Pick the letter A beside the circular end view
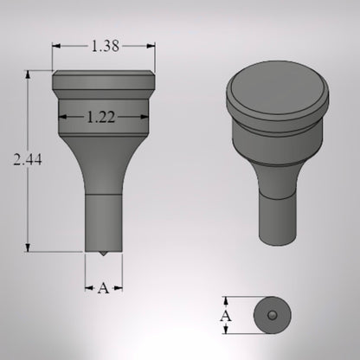coord(228,317)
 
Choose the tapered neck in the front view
coord(104,169)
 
